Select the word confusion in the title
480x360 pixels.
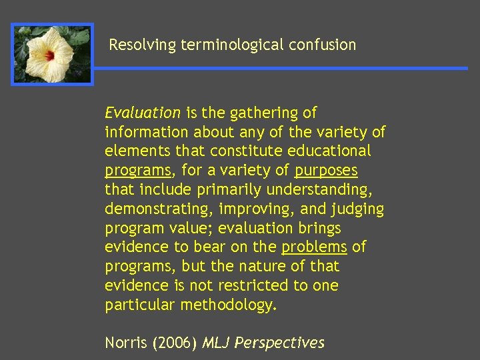tap(323, 45)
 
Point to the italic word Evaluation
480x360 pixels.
tap(143, 113)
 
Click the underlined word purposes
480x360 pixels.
tap(326, 171)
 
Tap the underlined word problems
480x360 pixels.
tap(314, 247)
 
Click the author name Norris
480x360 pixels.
tap(127, 343)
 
